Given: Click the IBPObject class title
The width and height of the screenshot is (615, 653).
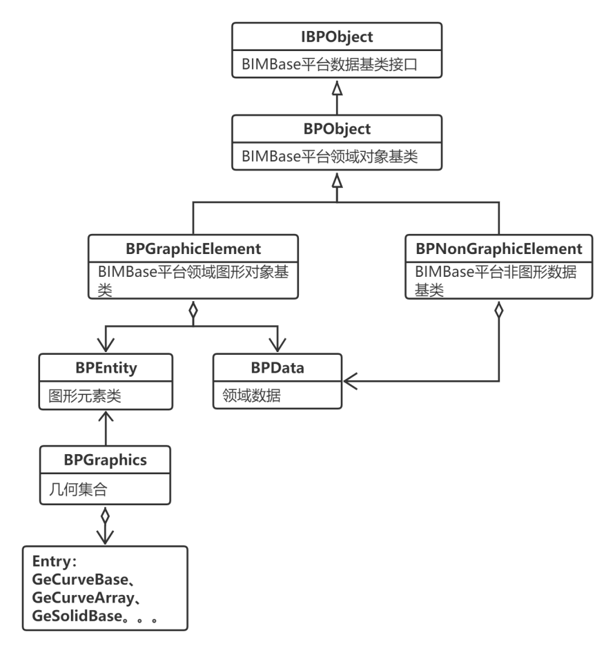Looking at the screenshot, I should click(x=337, y=36).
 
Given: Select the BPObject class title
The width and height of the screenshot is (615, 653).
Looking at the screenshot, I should click(x=337, y=128).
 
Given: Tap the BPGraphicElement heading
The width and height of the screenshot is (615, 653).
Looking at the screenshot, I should click(x=193, y=248).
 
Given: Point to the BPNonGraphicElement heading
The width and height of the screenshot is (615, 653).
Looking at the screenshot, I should click(x=499, y=248).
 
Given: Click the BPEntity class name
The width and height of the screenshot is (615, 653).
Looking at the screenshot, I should click(x=106, y=368).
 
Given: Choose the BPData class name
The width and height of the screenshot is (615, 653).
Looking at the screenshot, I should click(x=277, y=368).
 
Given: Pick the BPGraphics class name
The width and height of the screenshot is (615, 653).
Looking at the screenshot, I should click(x=106, y=459).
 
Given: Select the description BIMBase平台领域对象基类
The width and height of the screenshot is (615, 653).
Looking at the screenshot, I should click(x=330, y=157).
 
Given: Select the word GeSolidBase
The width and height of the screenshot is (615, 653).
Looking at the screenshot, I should click(x=76, y=616).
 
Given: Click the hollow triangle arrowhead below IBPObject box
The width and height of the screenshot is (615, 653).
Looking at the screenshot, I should click(x=337, y=90).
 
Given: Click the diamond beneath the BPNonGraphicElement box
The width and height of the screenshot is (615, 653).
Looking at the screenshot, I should click(x=499, y=310).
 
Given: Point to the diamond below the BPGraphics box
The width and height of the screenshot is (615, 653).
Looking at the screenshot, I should click(x=106, y=515).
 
